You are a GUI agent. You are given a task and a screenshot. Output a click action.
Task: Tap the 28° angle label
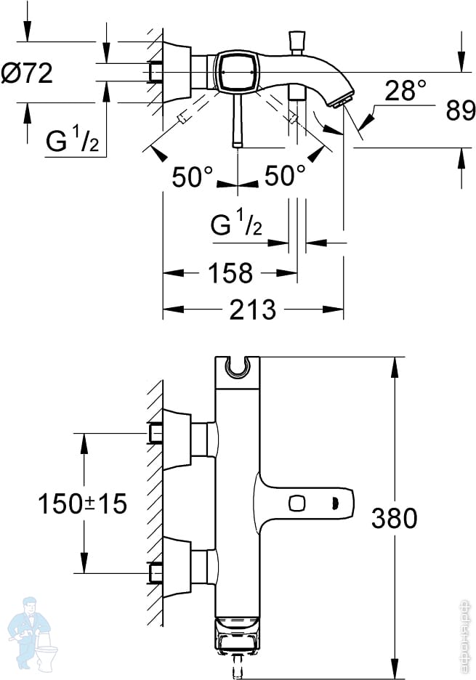pos(405,91)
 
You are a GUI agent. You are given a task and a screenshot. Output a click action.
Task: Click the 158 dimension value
pos(230,273)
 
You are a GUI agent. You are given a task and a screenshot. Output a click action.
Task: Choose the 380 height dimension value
pos(394,518)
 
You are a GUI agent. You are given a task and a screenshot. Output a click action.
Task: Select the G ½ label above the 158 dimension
pos(236,225)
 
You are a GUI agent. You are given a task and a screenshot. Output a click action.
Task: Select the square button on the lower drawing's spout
pos(296,503)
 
